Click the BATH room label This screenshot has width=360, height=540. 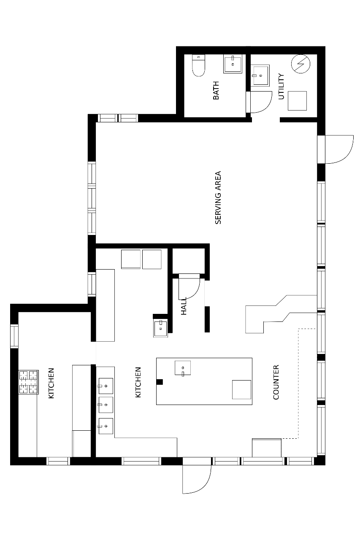click(x=216, y=90)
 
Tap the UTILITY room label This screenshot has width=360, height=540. click(x=281, y=86)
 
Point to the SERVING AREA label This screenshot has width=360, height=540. click(x=218, y=197)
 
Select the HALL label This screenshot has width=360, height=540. click(x=184, y=306)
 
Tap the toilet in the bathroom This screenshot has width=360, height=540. click(x=198, y=65)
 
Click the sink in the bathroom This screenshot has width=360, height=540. click(x=233, y=64)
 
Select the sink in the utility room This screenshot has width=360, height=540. click(x=260, y=75)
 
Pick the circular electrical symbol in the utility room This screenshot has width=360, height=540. click(x=300, y=64)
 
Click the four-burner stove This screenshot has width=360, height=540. click(x=29, y=382)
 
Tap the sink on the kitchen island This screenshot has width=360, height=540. click(x=183, y=368)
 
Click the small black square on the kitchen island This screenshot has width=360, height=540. click(x=160, y=382)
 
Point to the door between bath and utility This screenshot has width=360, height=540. click(x=259, y=102)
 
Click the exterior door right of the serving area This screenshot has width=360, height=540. click(x=336, y=149)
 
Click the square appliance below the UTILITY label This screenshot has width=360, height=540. click(x=297, y=101)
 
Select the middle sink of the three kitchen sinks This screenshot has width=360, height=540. click(x=106, y=405)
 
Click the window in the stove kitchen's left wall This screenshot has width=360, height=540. click(x=14, y=336)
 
